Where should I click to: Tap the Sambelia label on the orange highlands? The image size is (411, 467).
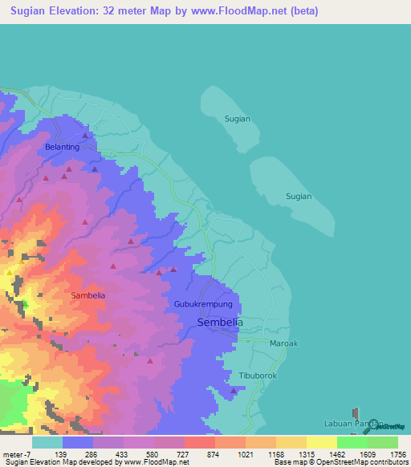click(88, 295)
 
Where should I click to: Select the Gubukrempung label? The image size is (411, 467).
click(203, 305)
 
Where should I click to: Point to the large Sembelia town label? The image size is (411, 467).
click(220, 322)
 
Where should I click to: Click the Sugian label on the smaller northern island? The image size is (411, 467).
click(237, 119)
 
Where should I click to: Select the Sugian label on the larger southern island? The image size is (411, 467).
click(299, 196)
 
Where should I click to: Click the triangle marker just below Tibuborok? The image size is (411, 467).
click(234, 391)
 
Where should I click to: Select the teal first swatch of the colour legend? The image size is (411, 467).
click(47, 442)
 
